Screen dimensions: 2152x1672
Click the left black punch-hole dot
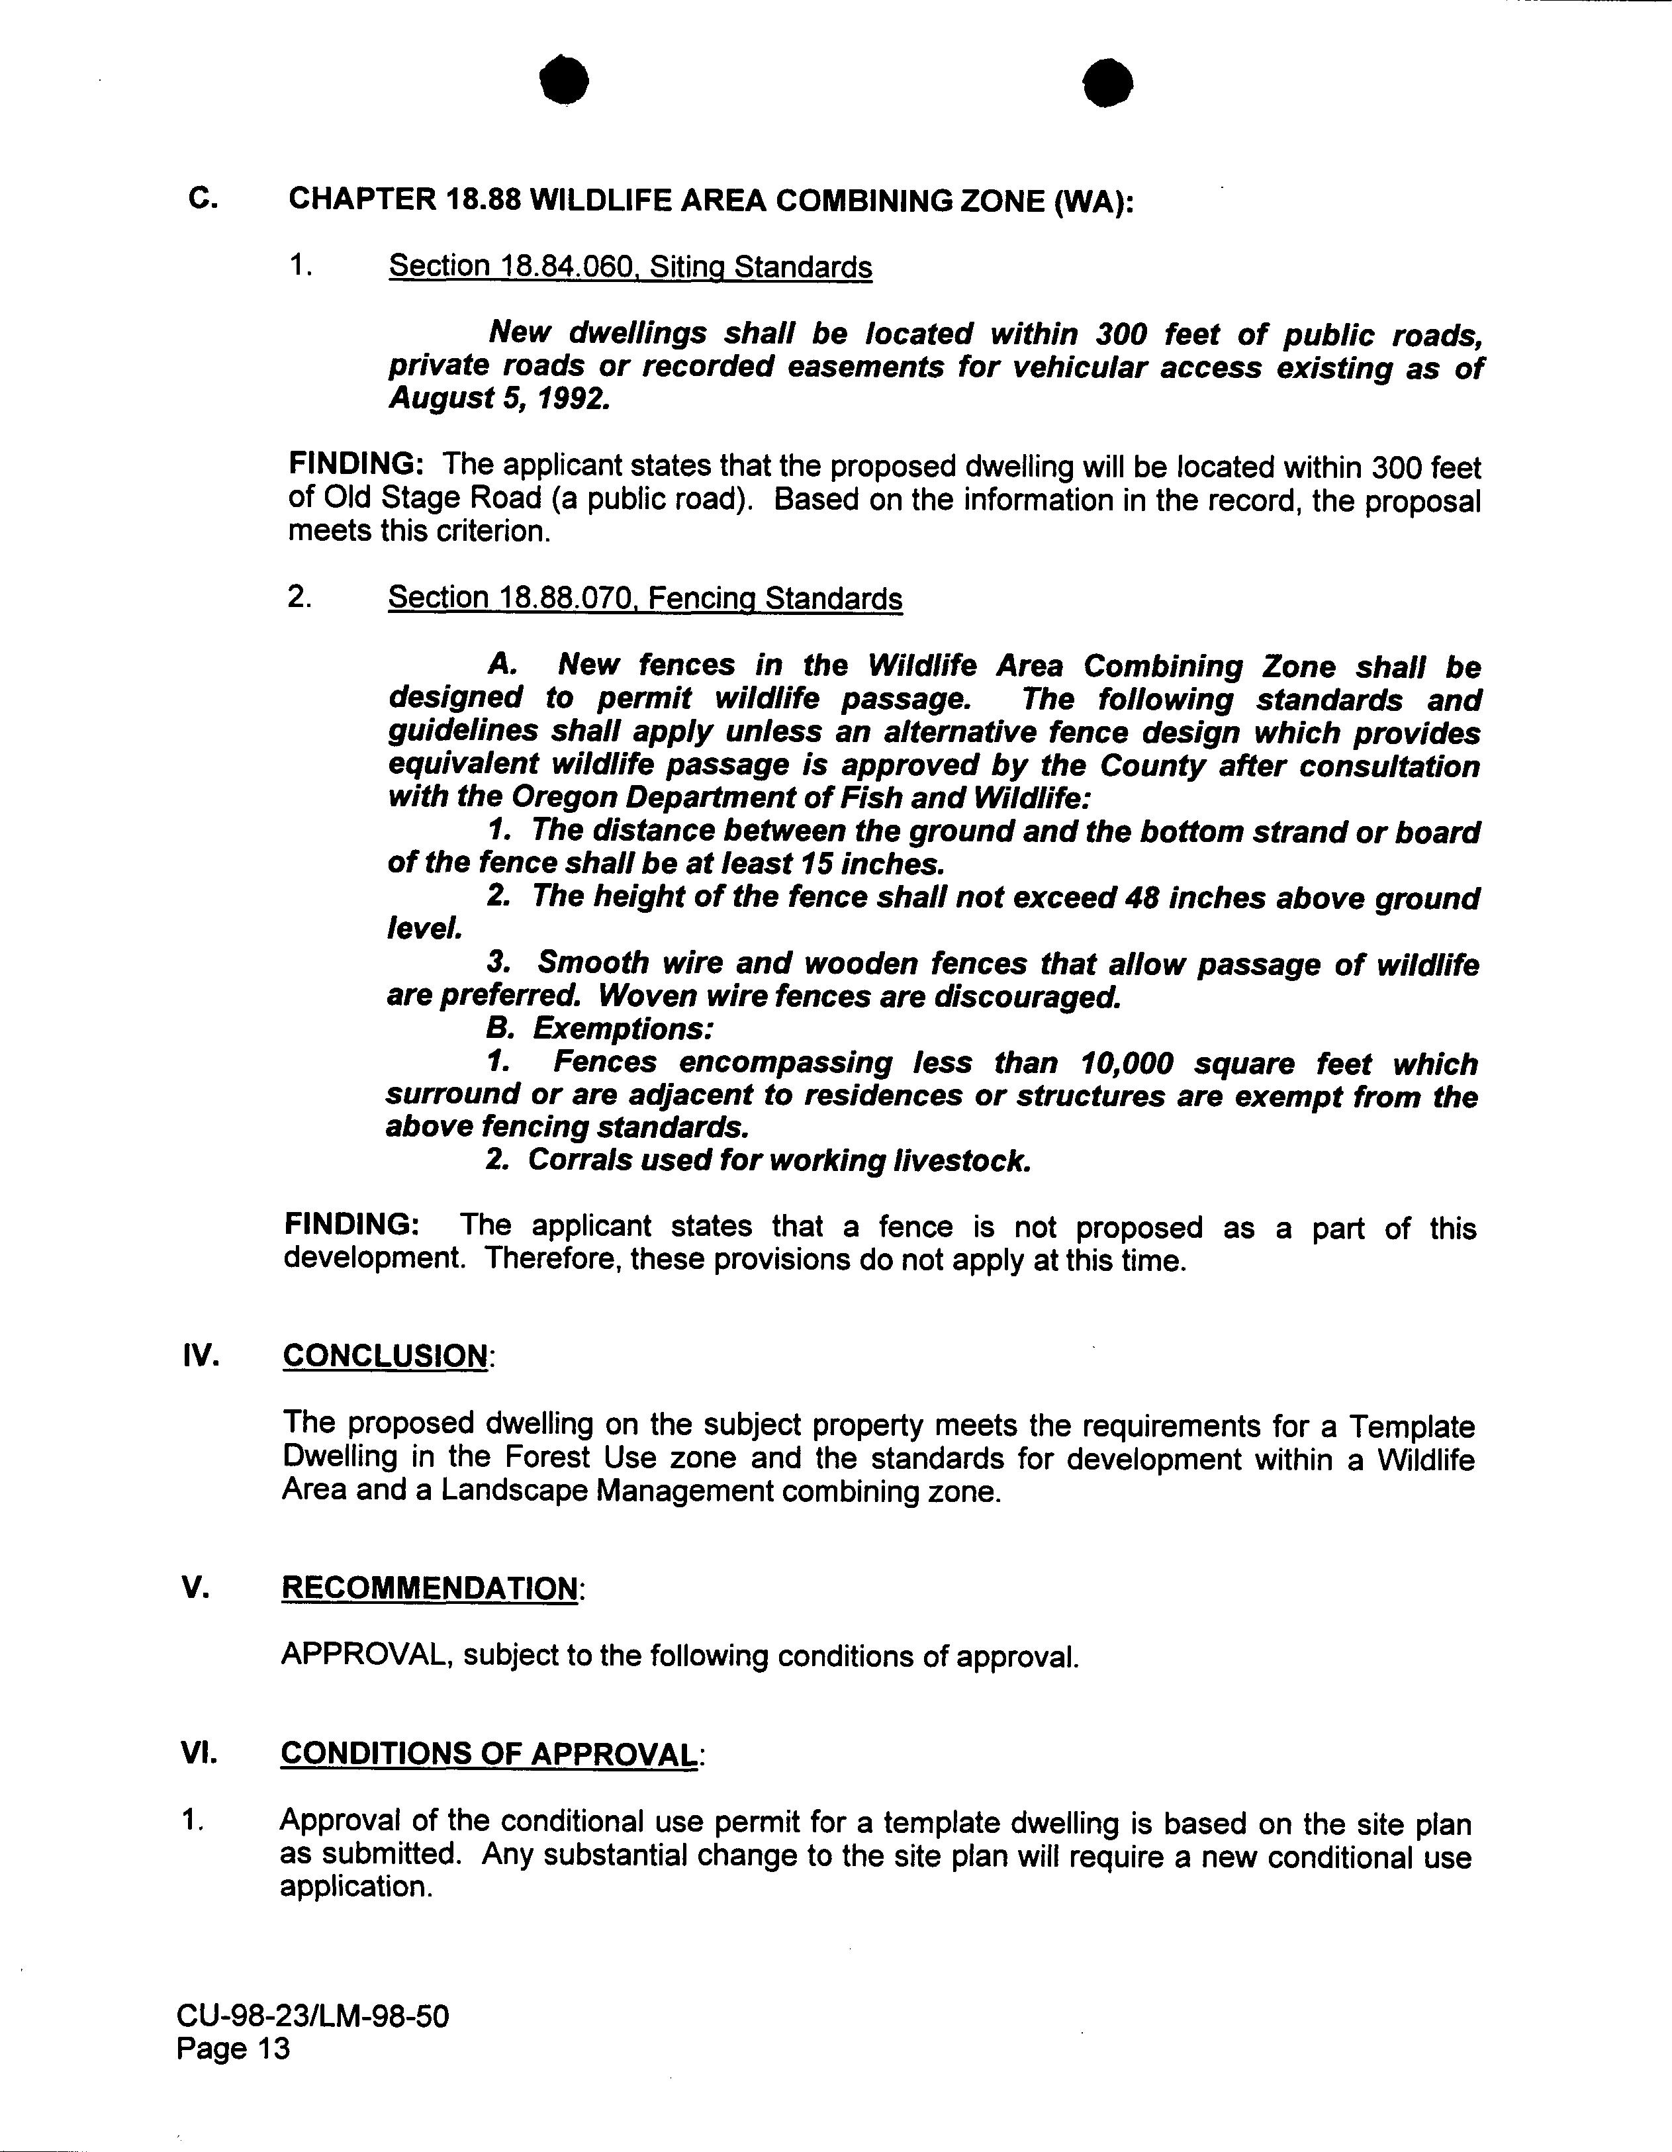[565, 81]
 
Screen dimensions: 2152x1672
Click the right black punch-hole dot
[1107, 82]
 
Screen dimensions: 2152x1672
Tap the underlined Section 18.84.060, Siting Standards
[631, 266]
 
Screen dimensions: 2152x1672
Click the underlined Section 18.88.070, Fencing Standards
[645, 598]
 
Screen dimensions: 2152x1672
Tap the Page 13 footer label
[234, 2049]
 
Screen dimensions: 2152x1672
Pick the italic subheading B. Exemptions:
[599, 1030]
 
